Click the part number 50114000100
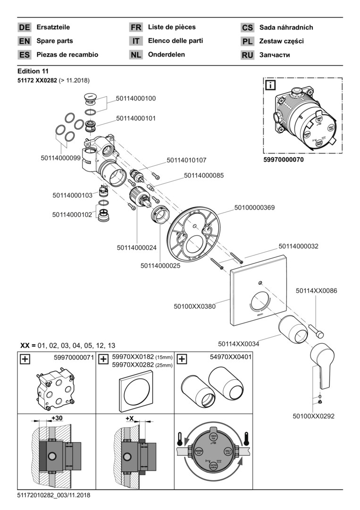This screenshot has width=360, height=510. point(136,98)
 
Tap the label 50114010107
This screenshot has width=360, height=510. point(186,161)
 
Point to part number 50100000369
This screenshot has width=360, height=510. point(254,207)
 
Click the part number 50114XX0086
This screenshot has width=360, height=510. point(316,291)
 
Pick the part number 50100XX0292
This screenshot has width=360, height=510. point(313,416)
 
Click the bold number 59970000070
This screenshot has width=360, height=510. point(283,160)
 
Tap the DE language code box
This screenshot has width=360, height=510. point(25,27)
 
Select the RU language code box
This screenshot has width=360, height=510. point(248,55)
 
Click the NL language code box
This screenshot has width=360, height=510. point(136,55)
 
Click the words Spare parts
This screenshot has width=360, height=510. point(55,41)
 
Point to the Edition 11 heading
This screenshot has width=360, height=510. point(36,71)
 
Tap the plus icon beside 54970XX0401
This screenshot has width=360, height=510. point(181,359)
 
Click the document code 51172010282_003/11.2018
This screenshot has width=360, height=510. point(53,495)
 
